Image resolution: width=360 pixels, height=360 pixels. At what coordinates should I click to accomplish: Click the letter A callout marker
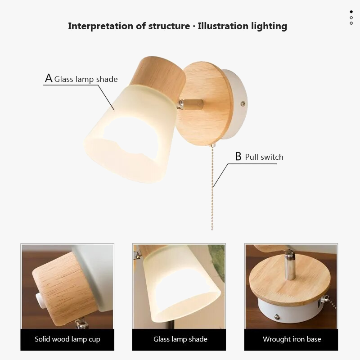49,78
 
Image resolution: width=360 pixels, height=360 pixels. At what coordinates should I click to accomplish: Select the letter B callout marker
238,157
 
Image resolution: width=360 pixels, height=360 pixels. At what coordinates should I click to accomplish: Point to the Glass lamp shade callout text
86,80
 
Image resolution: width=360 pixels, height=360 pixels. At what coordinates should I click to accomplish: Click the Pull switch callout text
264,157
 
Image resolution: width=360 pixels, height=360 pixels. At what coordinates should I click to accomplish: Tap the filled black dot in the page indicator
351,12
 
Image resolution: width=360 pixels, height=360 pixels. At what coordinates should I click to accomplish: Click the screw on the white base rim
243,103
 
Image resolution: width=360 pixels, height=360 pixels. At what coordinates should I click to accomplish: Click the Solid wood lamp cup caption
67,339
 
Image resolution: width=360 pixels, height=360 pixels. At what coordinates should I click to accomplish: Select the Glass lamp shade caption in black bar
180,339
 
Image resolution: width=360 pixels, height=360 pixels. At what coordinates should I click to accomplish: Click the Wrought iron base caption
292,339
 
